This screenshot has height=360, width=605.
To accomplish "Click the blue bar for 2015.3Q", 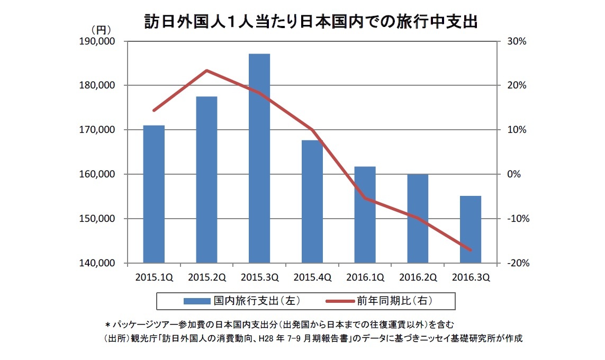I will tap(259, 158).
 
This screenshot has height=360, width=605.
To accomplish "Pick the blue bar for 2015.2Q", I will tap(206, 179).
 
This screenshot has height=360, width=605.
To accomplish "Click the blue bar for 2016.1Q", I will tap(365, 214).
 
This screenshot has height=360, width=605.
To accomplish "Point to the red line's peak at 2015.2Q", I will tap(206, 70).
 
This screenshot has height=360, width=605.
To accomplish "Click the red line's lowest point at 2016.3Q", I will tap(470, 250).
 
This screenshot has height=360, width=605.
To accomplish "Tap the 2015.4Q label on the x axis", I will tap(312, 277).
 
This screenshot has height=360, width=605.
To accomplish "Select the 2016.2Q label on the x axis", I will tap(417, 277).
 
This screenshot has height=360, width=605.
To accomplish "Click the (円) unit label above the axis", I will tap(100, 30).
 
